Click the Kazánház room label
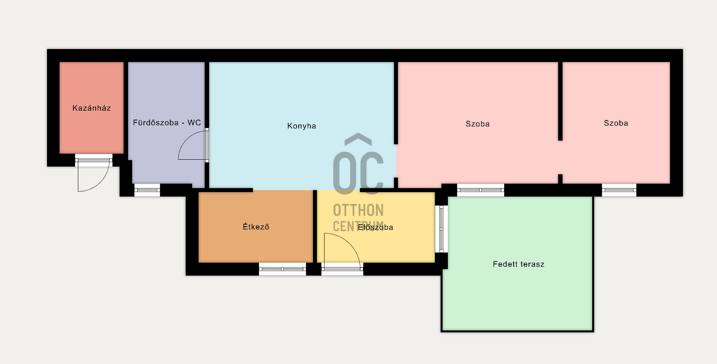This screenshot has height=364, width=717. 91,108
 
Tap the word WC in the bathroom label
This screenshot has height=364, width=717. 194,123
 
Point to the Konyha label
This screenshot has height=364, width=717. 302,126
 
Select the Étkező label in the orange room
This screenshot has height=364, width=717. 256,227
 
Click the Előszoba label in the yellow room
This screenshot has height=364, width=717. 375,227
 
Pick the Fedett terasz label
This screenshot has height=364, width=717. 518,264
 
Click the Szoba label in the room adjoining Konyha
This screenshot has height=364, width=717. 477,124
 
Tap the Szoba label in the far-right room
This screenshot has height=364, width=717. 616,123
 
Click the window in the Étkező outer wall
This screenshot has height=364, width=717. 283,269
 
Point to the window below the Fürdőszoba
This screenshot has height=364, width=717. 147,190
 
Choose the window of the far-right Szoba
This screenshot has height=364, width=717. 619,190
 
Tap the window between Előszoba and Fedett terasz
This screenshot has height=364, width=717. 441,229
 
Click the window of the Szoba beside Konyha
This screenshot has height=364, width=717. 481,190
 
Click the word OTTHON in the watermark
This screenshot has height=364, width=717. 358,210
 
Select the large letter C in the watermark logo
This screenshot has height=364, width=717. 372,172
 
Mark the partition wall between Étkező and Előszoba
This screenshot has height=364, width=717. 315,226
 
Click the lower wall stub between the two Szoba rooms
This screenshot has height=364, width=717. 560,179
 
